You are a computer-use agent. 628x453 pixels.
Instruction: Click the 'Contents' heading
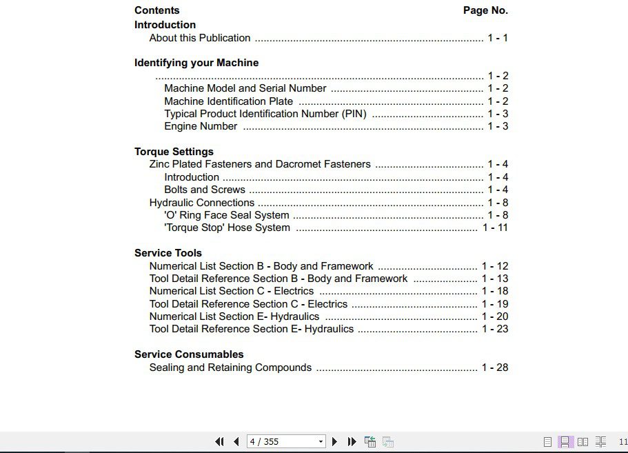coord(156,10)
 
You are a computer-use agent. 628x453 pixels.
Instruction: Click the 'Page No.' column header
coord(485,10)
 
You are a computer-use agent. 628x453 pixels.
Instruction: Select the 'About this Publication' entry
coord(200,38)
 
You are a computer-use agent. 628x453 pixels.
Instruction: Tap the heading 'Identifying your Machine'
coord(196,63)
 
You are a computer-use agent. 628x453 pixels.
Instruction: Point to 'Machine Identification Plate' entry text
coord(228,101)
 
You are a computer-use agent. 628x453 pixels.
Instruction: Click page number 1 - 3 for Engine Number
coord(498,126)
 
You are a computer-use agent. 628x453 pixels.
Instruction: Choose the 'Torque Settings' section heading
coord(174,152)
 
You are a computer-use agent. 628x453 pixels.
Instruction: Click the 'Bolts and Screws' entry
coord(205,190)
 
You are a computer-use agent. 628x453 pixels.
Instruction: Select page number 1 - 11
coord(495,228)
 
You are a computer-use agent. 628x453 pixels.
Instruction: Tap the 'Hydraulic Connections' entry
coord(202,203)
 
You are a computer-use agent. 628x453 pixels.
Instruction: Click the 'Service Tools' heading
coord(168,253)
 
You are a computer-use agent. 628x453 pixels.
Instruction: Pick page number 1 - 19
coord(495,304)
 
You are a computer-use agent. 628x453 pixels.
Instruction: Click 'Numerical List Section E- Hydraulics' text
coord(234,316)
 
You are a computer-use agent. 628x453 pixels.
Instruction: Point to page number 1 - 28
coord(495,368)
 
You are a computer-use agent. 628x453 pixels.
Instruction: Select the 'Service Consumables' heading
coord(189,354)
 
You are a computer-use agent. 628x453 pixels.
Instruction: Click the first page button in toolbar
coord(220,441)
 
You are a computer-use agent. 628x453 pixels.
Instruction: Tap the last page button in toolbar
coord(352,441)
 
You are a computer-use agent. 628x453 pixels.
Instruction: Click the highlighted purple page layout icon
coord(565,441)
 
